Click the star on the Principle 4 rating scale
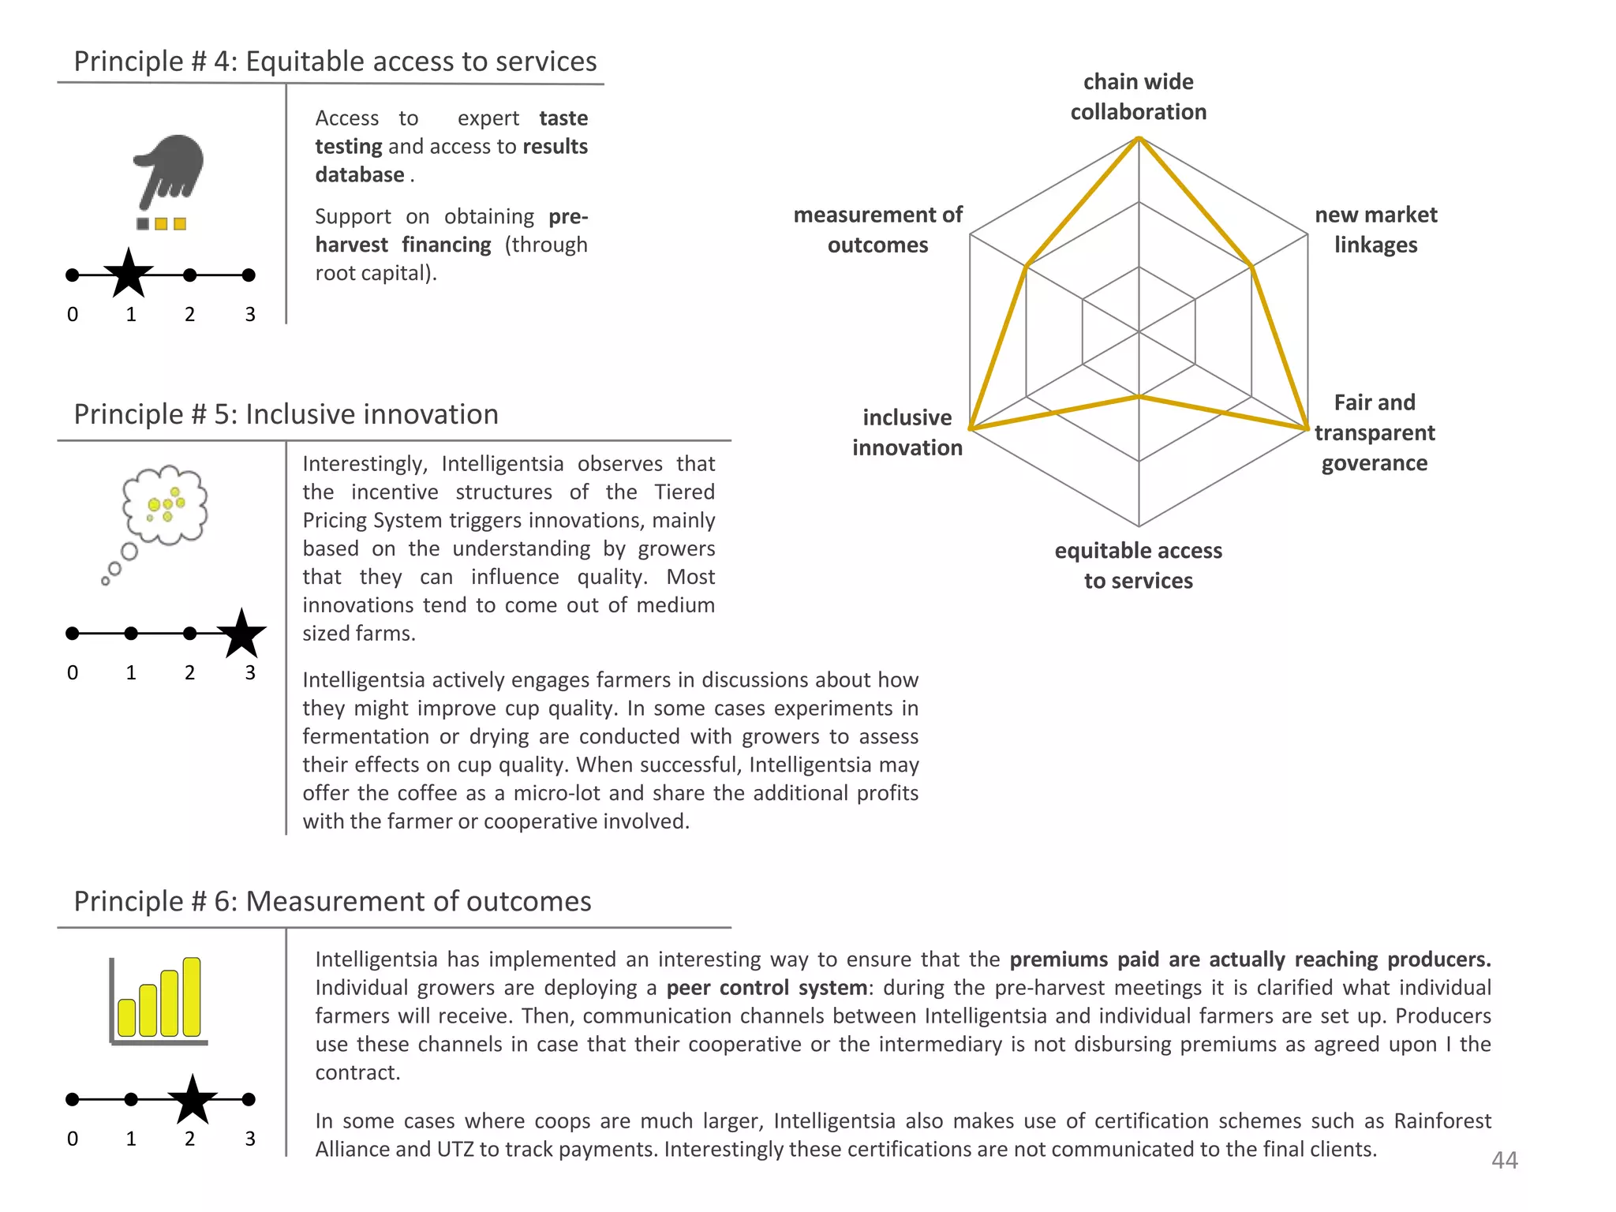(x=129, y=274)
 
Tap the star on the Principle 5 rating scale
(x=241, y=634)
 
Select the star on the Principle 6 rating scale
(x=192, y=1100)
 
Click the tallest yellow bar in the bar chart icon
(x=192, y=997)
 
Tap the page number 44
(x=1504, y=1160)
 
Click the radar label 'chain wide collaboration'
(x=1138, y=97)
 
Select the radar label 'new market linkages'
(x=1375, y=230)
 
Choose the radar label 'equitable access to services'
(x=1138, y=565)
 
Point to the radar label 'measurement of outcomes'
(x=877, y=230)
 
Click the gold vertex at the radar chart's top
(x=1139, y=138)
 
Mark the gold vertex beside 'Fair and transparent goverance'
(x=1307, y=428)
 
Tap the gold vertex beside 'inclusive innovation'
(x=971, y=428)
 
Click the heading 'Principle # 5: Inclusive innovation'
(x=286, y=414)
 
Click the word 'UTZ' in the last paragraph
(x=455, y=1149)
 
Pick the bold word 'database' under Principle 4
(x=360, y=174)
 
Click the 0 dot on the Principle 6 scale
(x=73, y=1099)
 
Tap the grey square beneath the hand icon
(x=143, y=224)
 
